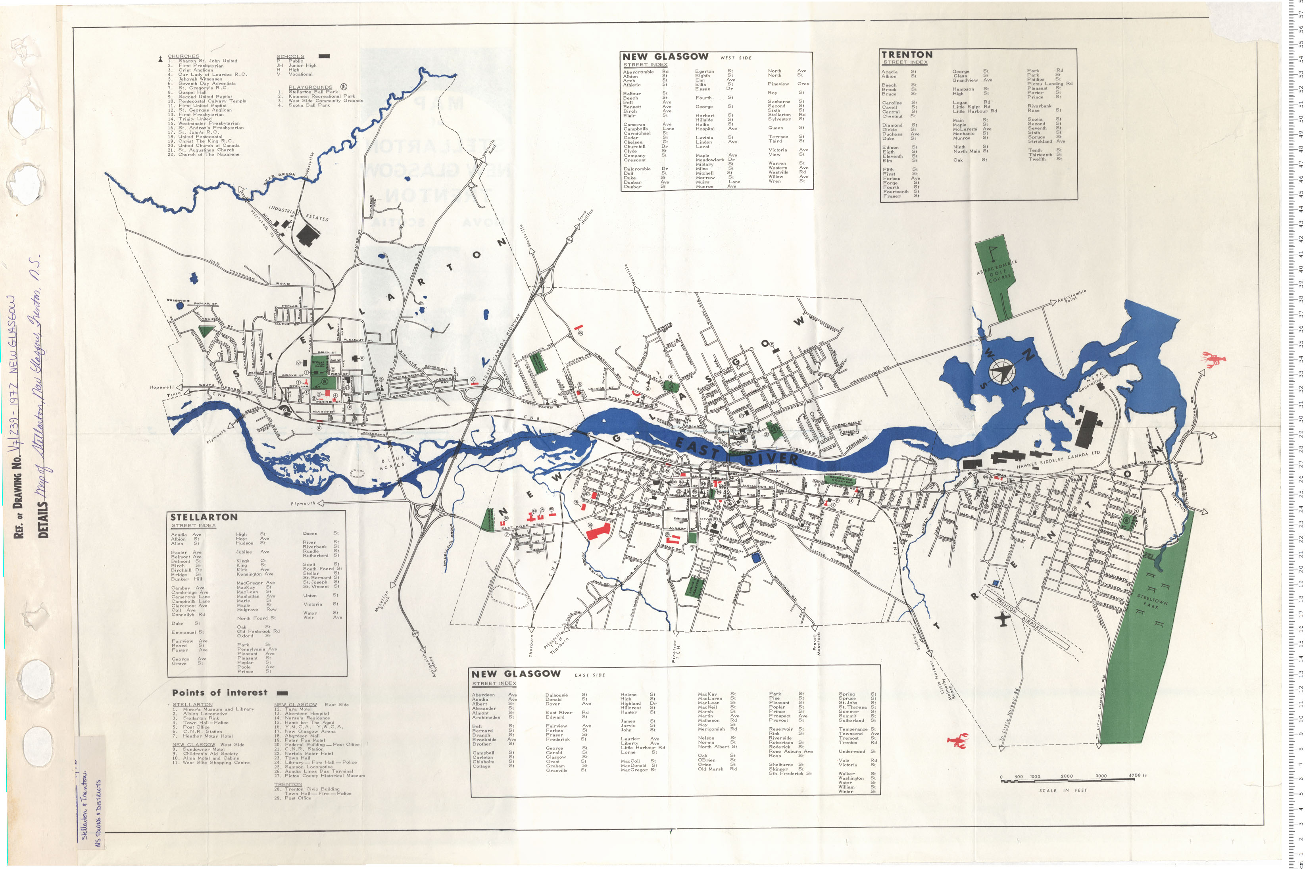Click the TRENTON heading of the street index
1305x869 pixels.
[x=907, y=54]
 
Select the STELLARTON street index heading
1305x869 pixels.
[x=204, y=517]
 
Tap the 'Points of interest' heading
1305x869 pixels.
[x=219, y=693]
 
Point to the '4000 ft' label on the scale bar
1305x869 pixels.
[x=1137, y=775]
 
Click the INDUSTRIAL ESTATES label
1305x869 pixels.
[x=298, y=213]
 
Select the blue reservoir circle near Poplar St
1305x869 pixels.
[x=179, y=306]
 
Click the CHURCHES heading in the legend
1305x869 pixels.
[x=183, y=56]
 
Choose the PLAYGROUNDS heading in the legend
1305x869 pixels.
[x=310, y=87]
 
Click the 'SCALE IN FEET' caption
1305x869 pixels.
[x=1063, y=790]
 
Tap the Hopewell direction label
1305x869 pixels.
[x=162, y=387]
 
